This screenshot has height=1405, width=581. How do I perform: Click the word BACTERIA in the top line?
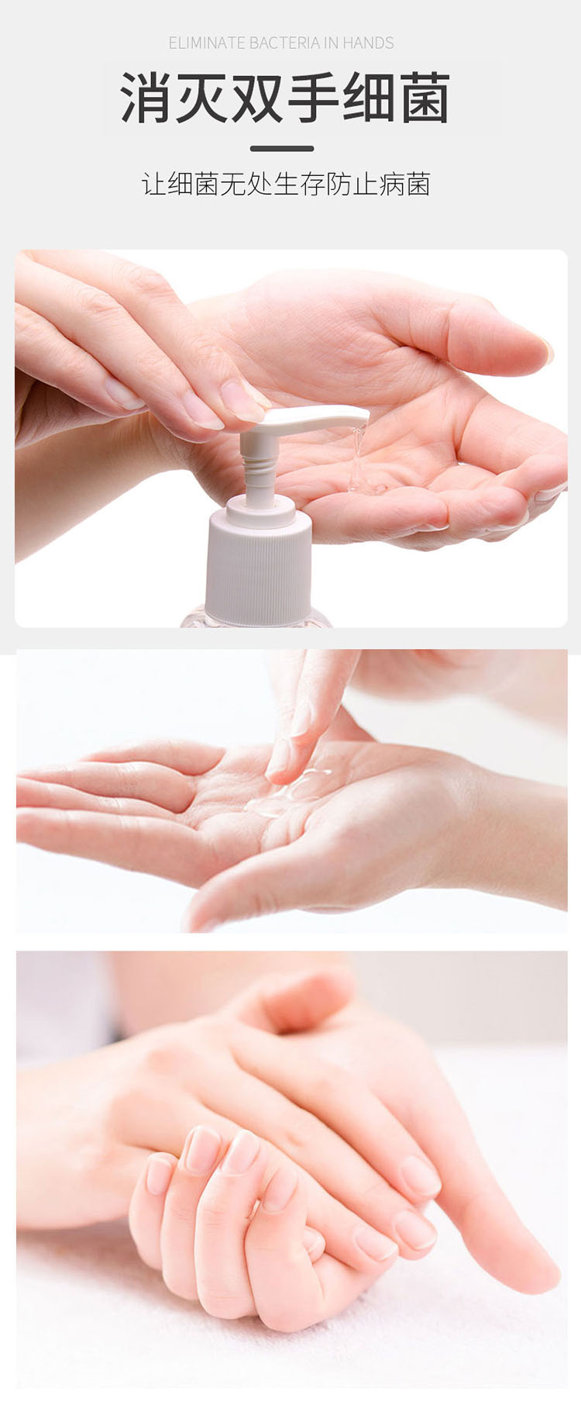pos(284,43)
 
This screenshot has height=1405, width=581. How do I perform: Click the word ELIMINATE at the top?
pos(207,43)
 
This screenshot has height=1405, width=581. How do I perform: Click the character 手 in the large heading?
pos(313,98)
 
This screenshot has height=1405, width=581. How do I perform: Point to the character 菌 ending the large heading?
pos(425,98)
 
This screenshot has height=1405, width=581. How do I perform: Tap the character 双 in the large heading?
pos(257,98)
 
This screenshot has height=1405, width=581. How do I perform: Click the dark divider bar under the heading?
pos(282,148)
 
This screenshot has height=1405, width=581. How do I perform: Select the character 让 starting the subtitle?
pos(153,184)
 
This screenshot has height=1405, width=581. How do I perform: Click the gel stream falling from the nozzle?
pos(357,457)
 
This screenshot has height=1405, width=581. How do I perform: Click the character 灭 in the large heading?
pos(202,98)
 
